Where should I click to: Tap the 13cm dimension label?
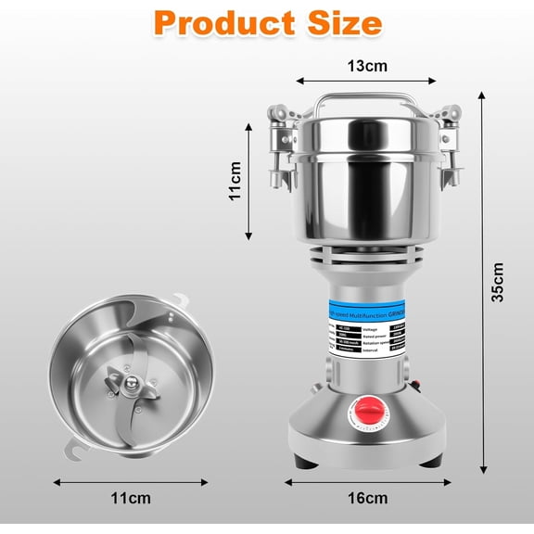(x=367, y=66)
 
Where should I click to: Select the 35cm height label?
(x=498, y=280)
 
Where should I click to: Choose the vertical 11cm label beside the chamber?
(x=235, y=182)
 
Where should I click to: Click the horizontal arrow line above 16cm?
(x=368, y=482)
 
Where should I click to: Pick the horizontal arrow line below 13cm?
(x=368, y=83)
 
